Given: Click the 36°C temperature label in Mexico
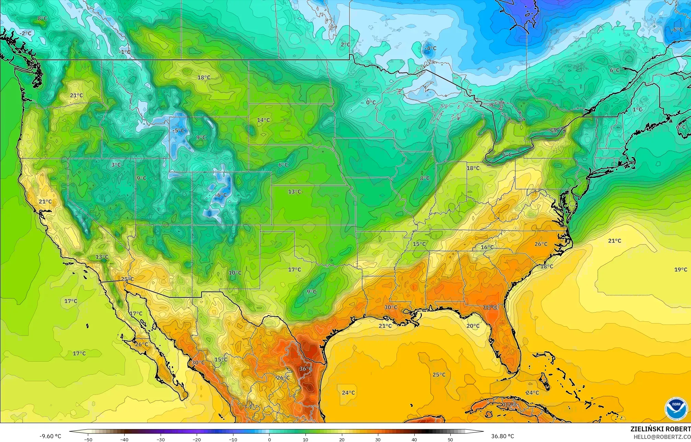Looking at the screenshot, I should pos(306,369).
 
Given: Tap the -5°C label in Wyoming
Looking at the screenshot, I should pos(178,131).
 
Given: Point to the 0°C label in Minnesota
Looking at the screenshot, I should pos(371,102).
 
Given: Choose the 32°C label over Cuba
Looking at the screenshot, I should pos(509,405).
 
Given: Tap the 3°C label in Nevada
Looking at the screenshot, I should pos(116,165).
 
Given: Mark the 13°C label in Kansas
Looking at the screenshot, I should pos(294,192).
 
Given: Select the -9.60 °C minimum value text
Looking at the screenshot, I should pos(50,436).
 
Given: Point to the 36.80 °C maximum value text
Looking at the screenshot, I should pos(502,436).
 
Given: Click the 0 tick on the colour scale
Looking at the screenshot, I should pos(269,439).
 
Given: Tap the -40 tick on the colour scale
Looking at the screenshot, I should pos(124,439).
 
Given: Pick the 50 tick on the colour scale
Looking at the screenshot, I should pos(450,439).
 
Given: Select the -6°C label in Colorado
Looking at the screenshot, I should pos(221,195).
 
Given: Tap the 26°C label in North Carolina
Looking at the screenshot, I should pos(541,244).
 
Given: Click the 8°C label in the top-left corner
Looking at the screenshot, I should pos(42,18).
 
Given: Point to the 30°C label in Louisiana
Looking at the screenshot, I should pos(390,307).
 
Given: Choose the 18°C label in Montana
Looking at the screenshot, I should pos(204,78).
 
